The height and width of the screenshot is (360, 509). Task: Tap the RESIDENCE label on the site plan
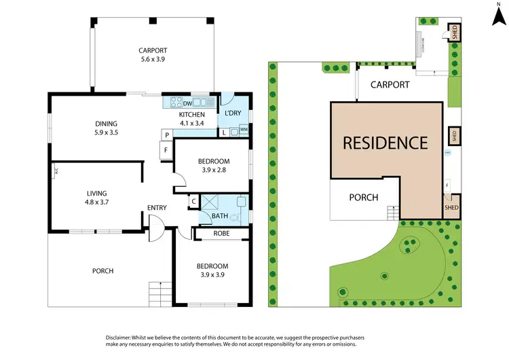point(385,143)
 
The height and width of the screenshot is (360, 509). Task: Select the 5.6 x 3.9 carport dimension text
point(152,60)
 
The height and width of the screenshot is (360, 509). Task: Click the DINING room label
point(107,124)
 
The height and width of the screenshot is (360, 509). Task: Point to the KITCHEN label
point(191,114)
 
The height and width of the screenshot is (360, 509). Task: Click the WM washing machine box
point(243,129)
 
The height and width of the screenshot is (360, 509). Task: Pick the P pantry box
point(165,134)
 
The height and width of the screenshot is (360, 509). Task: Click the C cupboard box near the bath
point(193,201)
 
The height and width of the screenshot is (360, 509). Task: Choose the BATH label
point(219,216)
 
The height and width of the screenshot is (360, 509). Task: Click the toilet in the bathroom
point(235,217)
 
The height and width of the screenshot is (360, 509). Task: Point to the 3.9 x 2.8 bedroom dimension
point(212,170)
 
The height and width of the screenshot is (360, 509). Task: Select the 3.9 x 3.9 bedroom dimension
point(212,274)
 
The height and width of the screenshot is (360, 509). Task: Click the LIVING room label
point(96,193)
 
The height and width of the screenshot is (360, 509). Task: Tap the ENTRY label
point(157,208)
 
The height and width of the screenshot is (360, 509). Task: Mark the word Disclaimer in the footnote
point(122,338)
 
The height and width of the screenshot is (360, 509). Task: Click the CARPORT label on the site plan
point(390,85)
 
